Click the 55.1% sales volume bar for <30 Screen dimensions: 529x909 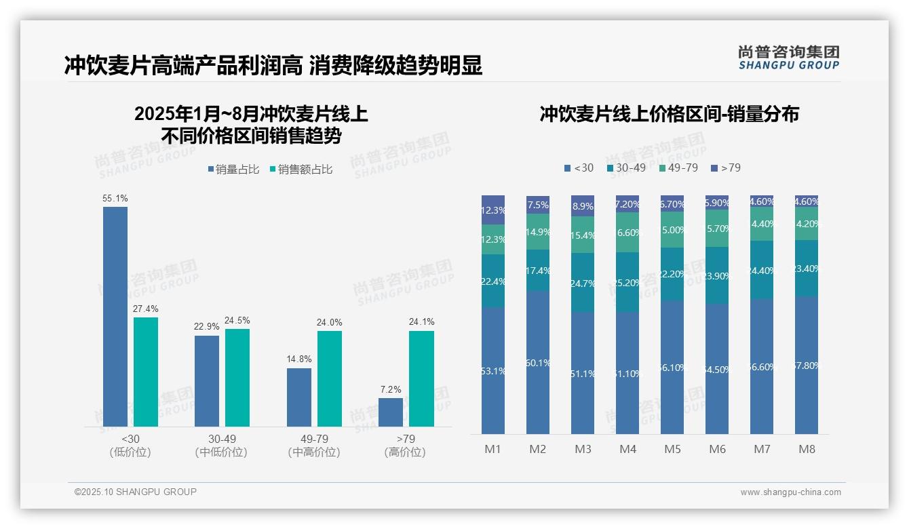pyautogui.click(x=115, y=316)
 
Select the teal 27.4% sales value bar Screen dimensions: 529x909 pyautogui.click(x=146, y=372)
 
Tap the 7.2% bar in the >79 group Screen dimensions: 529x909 pyautogui.click(x=391, y=412)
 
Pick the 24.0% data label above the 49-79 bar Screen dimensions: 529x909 pyautogui.click(x=329, y=323)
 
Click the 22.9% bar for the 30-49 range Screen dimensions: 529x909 pyautogui.click(x=207, y=380)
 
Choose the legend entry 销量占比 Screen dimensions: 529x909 pyautogui.click(x=233, y=170)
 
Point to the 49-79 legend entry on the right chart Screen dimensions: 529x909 pyautogui.click(x=678, y=168)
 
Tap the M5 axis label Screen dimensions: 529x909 pyautogui.click(x=672, y=449)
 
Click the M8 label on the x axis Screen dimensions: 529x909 pyautogui.click(x=807, y=449)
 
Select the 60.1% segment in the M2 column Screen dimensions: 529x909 pyautogui.click(x=538, y=362)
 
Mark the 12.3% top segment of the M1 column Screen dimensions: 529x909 pyautogui.click(x=493, y=210)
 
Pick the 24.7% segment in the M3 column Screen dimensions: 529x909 pyautogui.click(x=583, y=282)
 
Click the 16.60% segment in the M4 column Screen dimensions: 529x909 pyautogui.click(x=627, y=232)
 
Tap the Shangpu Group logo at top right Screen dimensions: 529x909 pyautogui.click(x=788, y=58)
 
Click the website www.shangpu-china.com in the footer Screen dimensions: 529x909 pyautogui.click(x=790, y=492)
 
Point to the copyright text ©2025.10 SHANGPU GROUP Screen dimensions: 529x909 pyautogui.click(x=136, y=492)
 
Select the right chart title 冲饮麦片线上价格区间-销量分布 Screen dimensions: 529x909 pyautogui.click(x=669, y=114)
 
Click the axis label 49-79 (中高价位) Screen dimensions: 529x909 pyautogui.click(x=313, y=446)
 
